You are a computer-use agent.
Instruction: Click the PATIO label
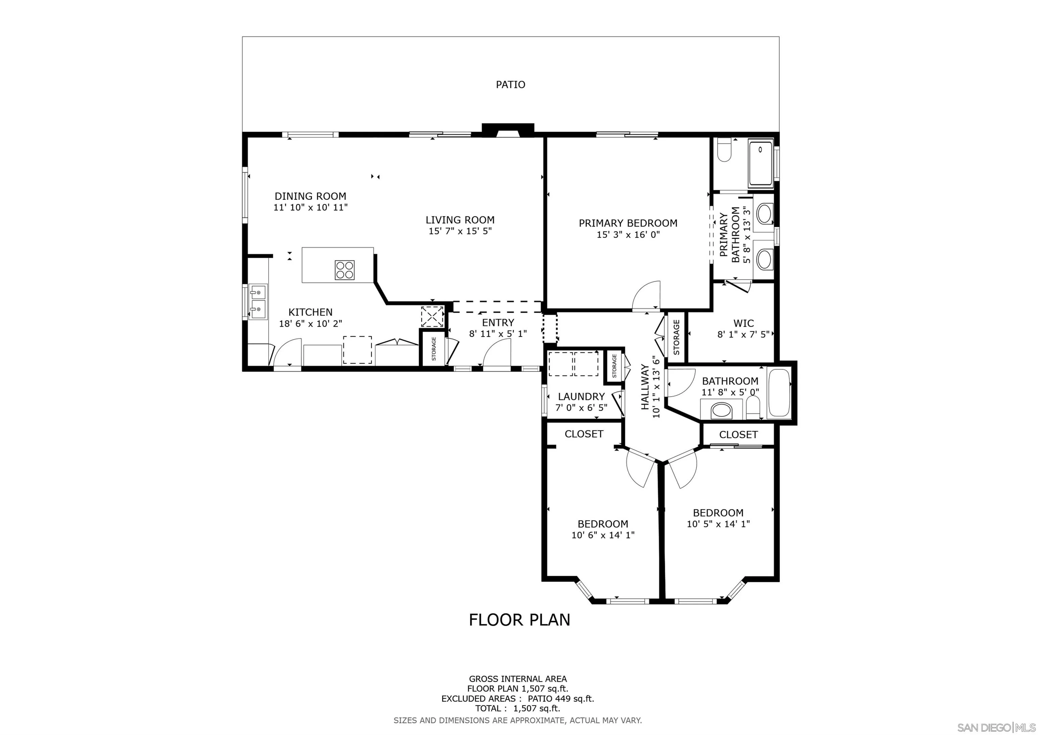510,85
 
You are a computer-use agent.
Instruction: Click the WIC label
743,324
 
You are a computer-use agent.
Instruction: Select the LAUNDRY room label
581,396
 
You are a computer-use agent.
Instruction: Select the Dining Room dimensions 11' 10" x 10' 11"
310,208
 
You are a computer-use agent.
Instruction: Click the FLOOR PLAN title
519,620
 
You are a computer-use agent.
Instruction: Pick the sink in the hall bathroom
721,411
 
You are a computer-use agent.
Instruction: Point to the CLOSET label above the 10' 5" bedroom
738,435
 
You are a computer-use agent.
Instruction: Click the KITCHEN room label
310,312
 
